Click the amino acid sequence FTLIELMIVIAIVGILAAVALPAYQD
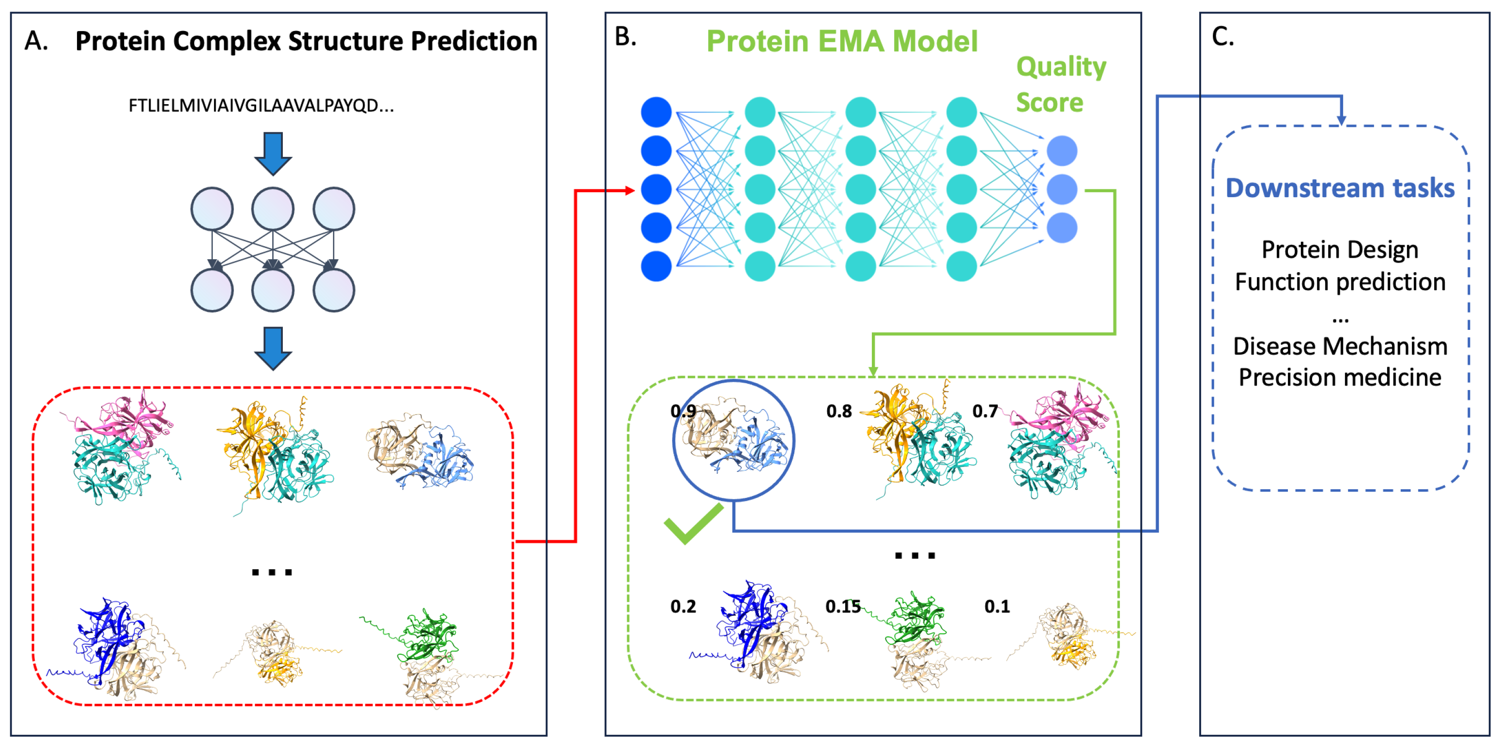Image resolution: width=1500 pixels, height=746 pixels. pos(261,106)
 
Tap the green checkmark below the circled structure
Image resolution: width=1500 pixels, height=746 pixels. pos(693,523)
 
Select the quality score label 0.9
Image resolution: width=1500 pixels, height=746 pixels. pos(683,411)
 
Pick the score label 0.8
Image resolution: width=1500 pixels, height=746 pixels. pos(838,411)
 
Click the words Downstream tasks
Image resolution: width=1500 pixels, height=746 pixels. pos(1340,187)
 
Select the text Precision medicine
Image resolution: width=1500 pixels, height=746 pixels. pos(1340,377)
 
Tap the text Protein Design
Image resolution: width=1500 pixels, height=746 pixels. pos(1340,249)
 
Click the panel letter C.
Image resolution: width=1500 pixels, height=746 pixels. pos(1222,37)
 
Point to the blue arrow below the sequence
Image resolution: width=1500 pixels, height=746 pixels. pos(273,153)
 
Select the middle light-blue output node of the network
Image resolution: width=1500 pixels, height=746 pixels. pos(1062,189)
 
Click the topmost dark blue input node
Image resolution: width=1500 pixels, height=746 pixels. pos(656,112)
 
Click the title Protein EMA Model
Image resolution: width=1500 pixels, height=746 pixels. pos(842,41)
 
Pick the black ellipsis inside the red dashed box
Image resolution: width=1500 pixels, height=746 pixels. pos(271,572)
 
